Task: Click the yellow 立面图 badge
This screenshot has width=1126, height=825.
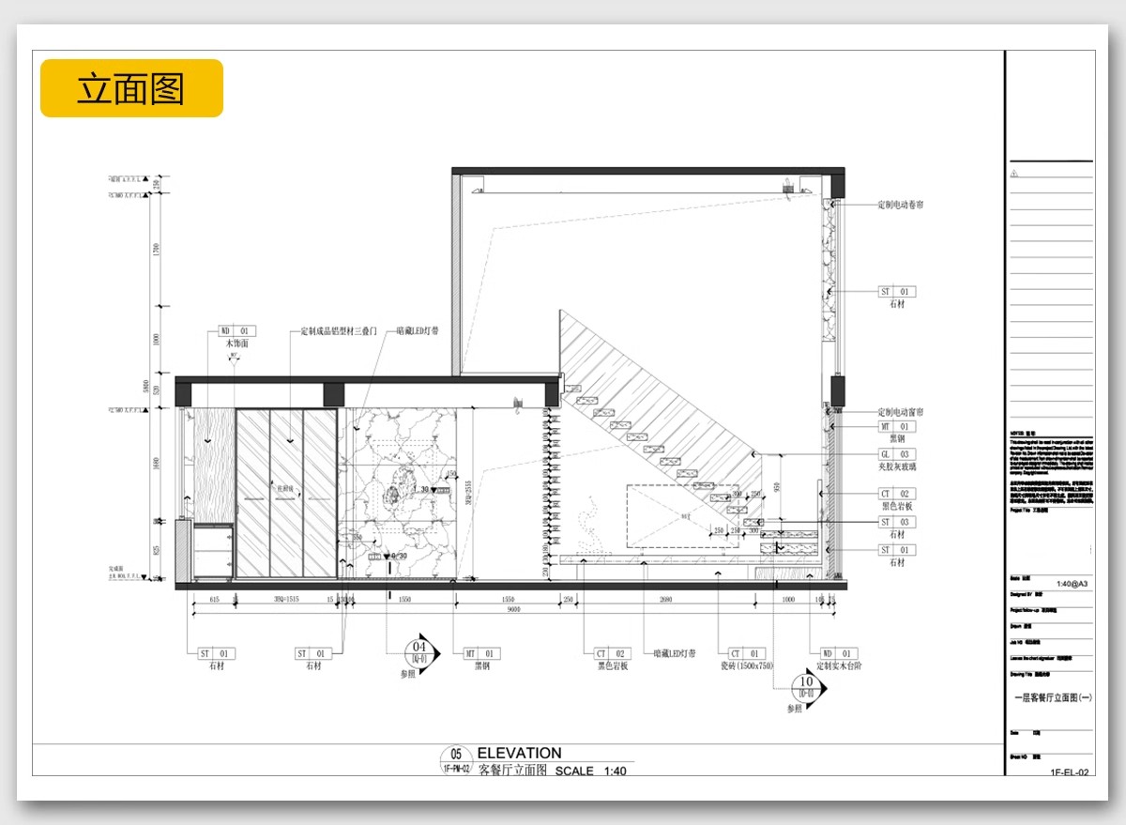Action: [x=131, y=88]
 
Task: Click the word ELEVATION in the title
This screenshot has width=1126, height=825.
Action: [x=519, y=753]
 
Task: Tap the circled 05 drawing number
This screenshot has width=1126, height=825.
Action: [x=456, y=755]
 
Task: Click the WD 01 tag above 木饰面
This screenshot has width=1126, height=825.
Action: [x=236, y=331]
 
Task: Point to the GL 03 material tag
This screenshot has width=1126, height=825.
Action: [x=896, y=454]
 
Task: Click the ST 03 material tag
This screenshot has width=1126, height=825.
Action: [x=896, y=522]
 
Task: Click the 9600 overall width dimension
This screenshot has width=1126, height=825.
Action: [x=514, y=609]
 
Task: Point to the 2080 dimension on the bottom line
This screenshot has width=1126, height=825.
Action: [x=664, y=599]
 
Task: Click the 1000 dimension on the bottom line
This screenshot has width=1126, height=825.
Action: [x=788, y=599]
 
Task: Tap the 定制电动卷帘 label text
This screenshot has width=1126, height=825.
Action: [x=901, y=205]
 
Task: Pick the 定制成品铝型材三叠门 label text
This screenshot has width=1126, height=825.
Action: [x=339, y=331]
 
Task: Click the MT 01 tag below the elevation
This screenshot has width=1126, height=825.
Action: [x=481, y=653]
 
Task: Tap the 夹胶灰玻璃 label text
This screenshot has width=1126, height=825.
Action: [x=898, y=466]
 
